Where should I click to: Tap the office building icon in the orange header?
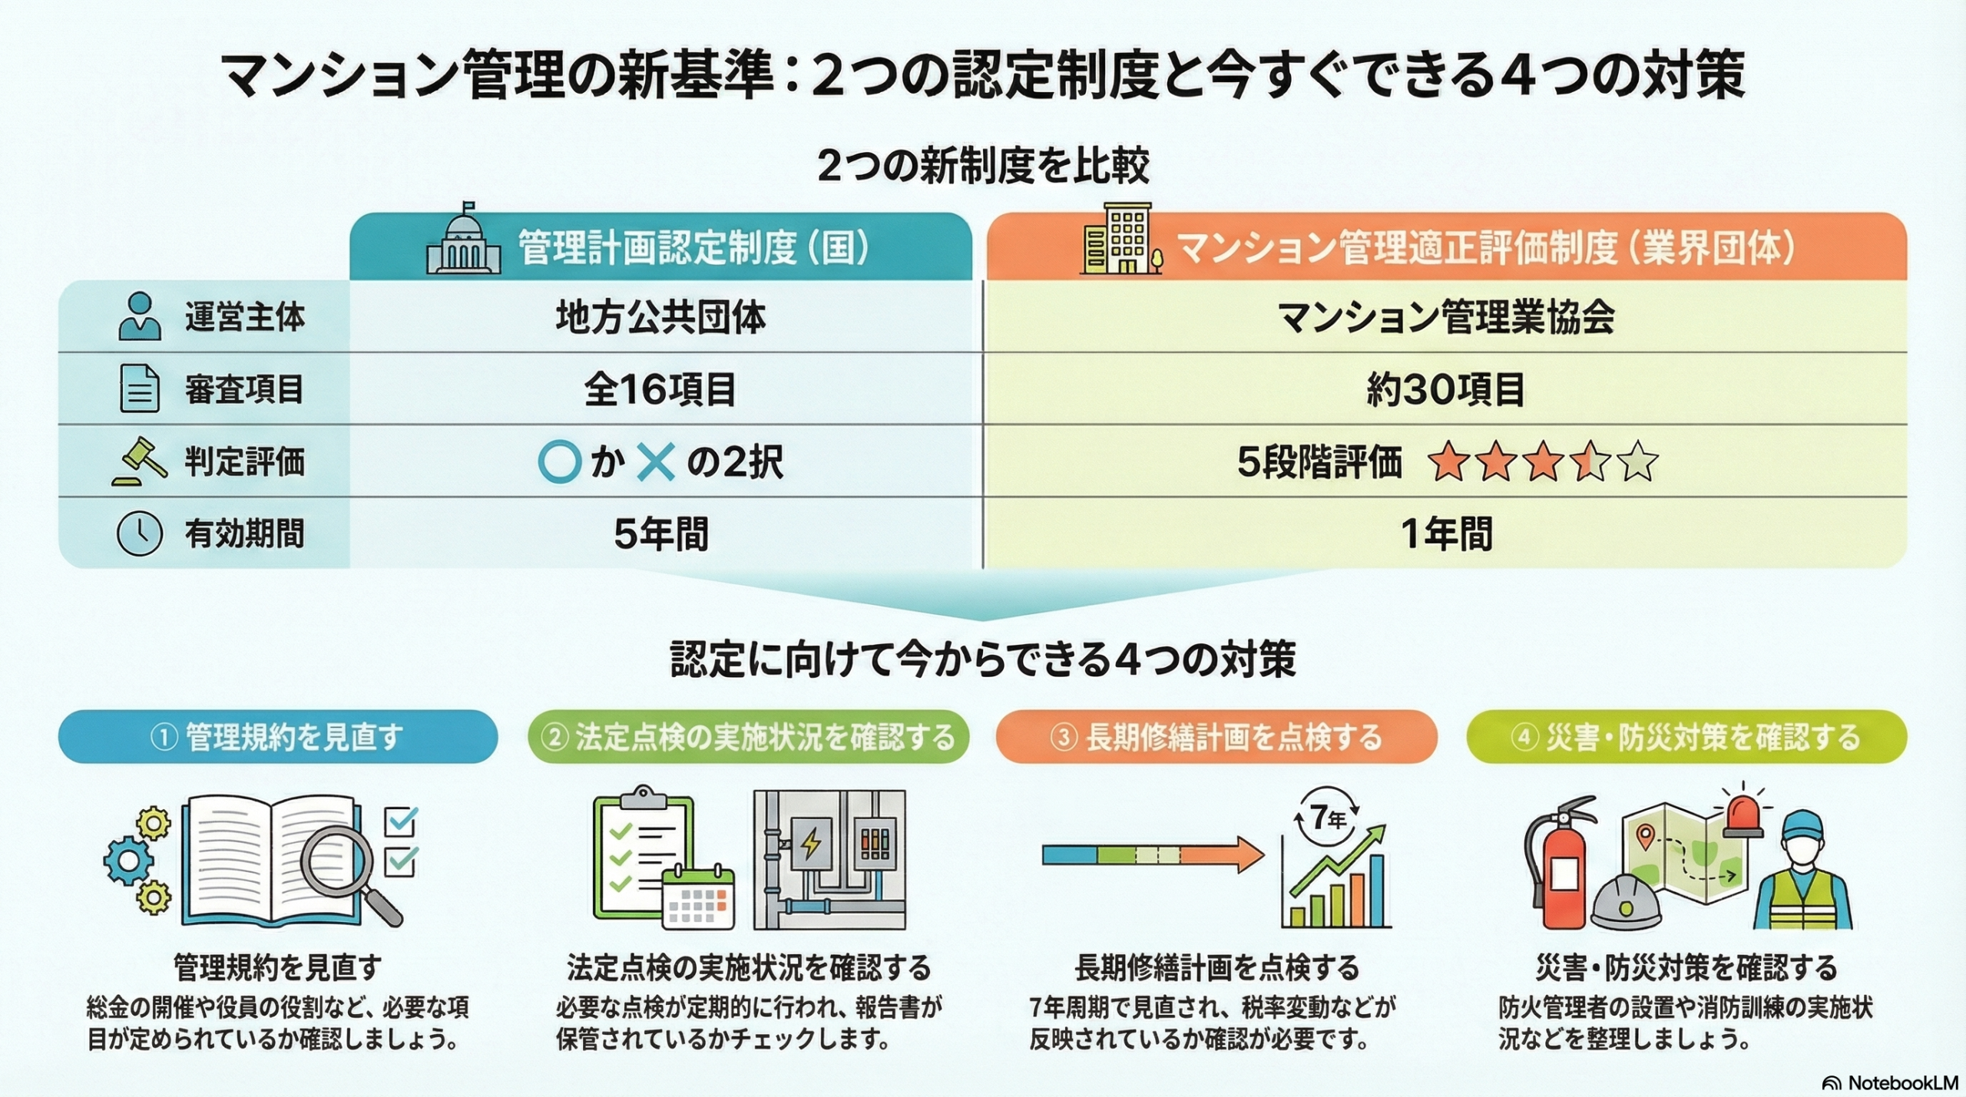[1120, 238]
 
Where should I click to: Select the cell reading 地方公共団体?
[661, 317]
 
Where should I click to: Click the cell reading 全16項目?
[660, 389]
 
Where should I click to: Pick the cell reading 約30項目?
[1445, 389]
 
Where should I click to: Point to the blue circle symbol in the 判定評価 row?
[559, 461]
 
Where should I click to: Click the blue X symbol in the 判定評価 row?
[656, 462]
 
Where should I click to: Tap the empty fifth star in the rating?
[1637, 461]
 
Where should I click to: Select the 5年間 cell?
[661, 534]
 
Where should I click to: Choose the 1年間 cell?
[1446, 534]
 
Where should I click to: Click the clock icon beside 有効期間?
[139, 533]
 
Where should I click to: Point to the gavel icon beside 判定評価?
[140, 461]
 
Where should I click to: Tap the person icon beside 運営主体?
[140, 316]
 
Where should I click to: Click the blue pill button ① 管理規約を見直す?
[278, 737]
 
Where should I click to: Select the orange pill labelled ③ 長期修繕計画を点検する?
[1216, 737]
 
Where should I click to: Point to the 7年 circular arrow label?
[1327, 817]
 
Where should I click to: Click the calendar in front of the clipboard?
[697, 897]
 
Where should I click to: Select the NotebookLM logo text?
[1891, 1082]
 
